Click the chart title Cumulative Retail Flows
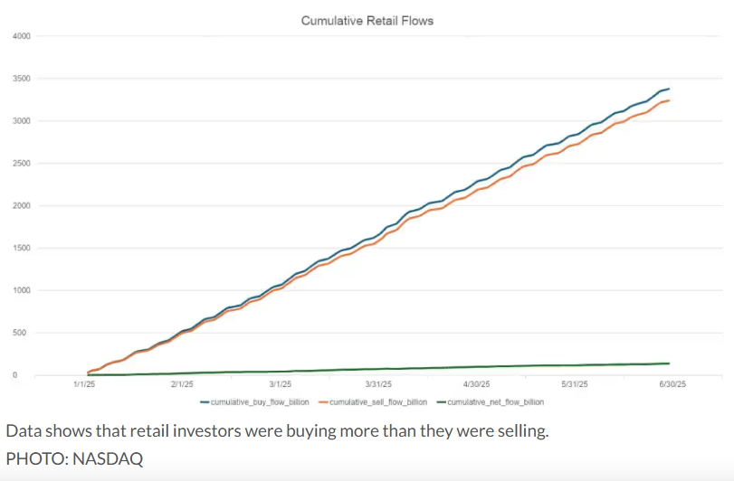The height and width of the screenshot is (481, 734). (x=367, y=20)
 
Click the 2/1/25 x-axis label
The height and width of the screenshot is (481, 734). (x=183, y=384)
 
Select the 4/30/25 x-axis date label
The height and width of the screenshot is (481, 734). (x=476, y=384)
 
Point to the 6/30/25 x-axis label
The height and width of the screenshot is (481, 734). (x=671, y=384)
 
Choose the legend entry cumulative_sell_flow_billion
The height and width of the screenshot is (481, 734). (x=379, y=401)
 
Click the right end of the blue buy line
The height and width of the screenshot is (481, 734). (x=668, y=90)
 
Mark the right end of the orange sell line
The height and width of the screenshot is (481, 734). (x=668, y=100)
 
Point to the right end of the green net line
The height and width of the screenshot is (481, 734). (x=668, y=363)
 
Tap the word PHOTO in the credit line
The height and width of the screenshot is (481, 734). (x=32, y=458)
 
